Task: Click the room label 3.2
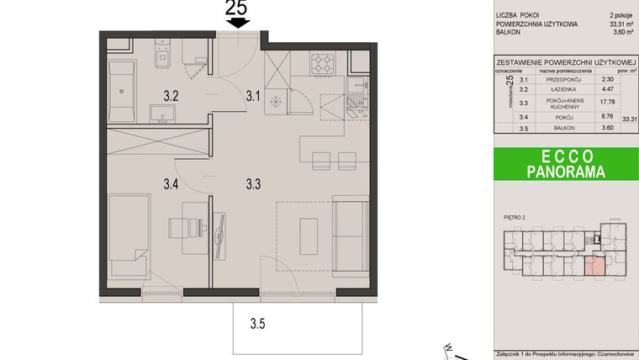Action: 171,96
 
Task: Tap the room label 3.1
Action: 253,96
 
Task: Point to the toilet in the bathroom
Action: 163,58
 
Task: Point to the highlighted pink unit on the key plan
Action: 594,267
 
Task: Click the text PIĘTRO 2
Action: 515,218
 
